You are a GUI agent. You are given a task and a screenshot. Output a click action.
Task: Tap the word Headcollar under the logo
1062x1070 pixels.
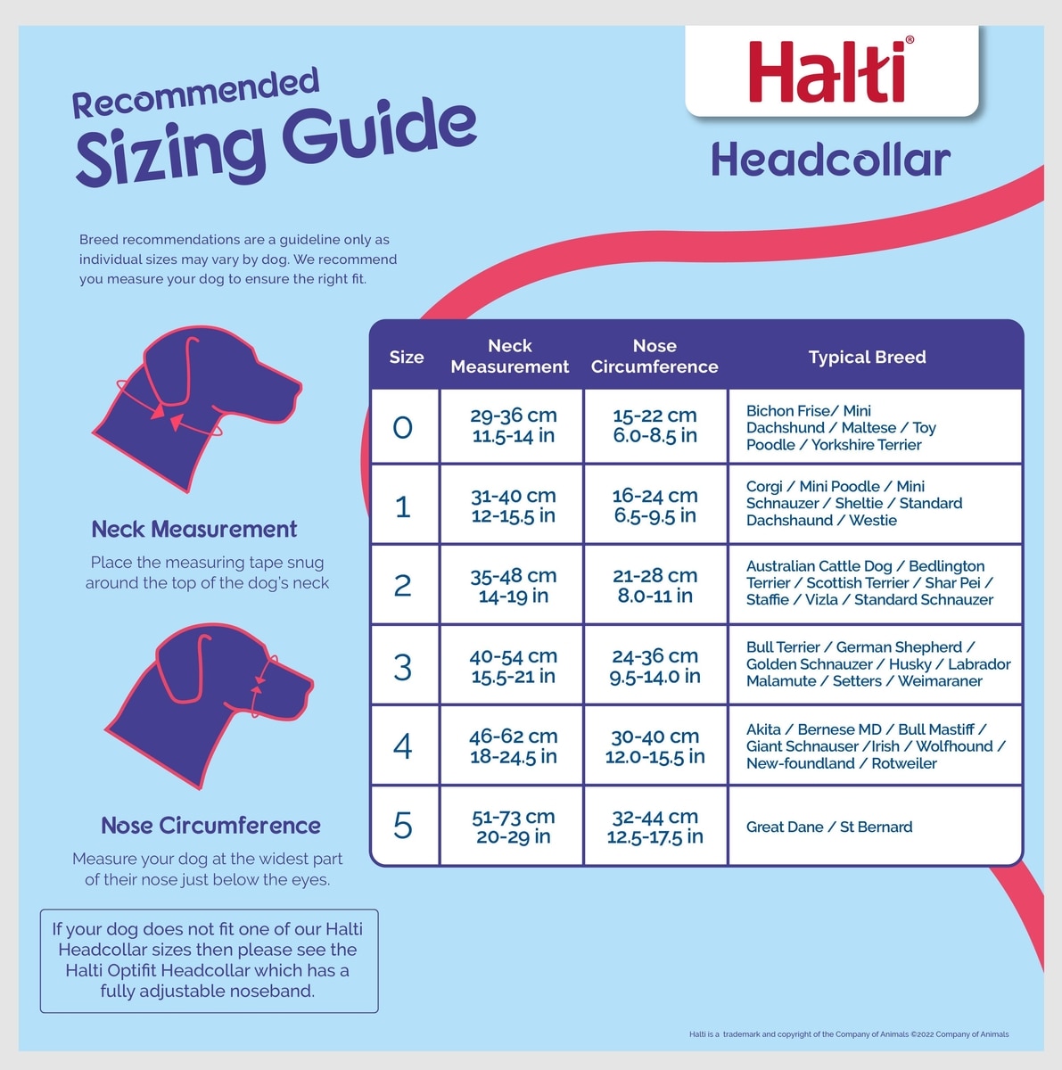pos(831,160)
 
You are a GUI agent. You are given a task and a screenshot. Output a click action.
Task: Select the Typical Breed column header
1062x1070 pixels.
pos(867,357)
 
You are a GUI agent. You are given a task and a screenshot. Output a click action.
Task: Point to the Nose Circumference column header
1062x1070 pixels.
pos(654,356)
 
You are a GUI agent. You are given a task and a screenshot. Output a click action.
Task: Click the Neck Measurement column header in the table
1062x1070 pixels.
pos(510,356)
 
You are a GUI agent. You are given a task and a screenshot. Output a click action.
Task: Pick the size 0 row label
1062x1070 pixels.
pos(403,427)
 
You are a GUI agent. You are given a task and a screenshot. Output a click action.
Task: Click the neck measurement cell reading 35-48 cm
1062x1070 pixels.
pos(514,585)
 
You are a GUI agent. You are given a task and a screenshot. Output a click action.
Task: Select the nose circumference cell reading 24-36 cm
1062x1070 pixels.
pos(654,666)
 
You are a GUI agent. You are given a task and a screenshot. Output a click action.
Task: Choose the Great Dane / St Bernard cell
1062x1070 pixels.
pos(829,827)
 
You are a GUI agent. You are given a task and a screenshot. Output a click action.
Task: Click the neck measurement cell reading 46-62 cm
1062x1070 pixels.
pos(514,745)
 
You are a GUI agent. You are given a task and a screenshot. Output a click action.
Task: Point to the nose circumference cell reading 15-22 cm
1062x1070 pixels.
pos(654,425)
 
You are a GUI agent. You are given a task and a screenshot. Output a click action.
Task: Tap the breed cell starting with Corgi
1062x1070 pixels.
pos(854,503)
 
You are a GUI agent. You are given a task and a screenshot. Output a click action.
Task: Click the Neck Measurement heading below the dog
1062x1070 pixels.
pos(193,529)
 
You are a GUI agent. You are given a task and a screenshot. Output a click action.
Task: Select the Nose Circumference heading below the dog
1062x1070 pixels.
pos(210,825)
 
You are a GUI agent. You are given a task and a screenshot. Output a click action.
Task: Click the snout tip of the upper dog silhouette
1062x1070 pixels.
pos(299,389)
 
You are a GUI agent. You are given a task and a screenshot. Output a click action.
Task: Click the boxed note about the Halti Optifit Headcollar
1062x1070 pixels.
pos(209,960)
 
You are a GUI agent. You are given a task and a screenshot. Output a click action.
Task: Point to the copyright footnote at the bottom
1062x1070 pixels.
pos(849,1034)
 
